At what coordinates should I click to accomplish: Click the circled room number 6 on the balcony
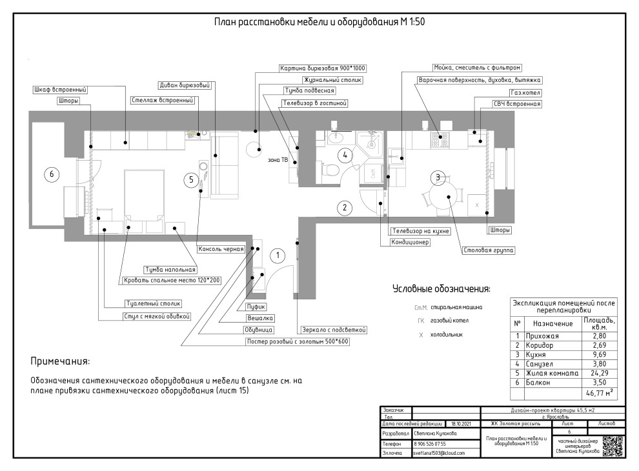click(48, 173)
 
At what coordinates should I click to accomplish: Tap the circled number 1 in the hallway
click(278, 256)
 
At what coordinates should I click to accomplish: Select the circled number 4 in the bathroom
click(346, 155)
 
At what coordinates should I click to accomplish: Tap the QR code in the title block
click(613, 446)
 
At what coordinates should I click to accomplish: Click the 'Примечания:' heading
click(61, 360)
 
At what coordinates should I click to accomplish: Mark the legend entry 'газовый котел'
click(450, 321)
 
